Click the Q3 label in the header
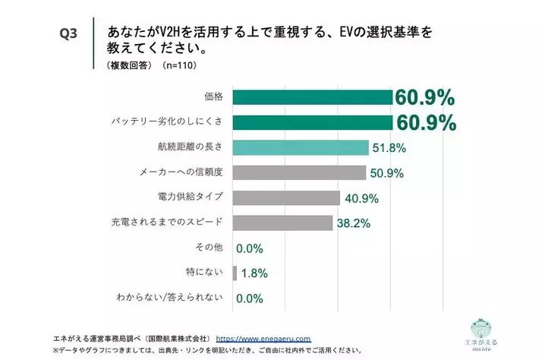(71, 35)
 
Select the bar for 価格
(312, 98)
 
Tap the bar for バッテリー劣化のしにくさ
(312, 122)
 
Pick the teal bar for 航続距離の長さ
(301, 147)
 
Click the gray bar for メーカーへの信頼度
(299, 172)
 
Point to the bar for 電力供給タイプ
(286, 197)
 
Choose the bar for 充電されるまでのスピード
(282, 223)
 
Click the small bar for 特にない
(235, 273)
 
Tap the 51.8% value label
(388, 148)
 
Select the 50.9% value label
(386, 173)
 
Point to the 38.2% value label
(353, 223)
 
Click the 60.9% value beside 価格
(424, 98)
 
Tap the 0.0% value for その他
(249, 248)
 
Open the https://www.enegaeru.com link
(264, 338)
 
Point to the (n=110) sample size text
(177, 66)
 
